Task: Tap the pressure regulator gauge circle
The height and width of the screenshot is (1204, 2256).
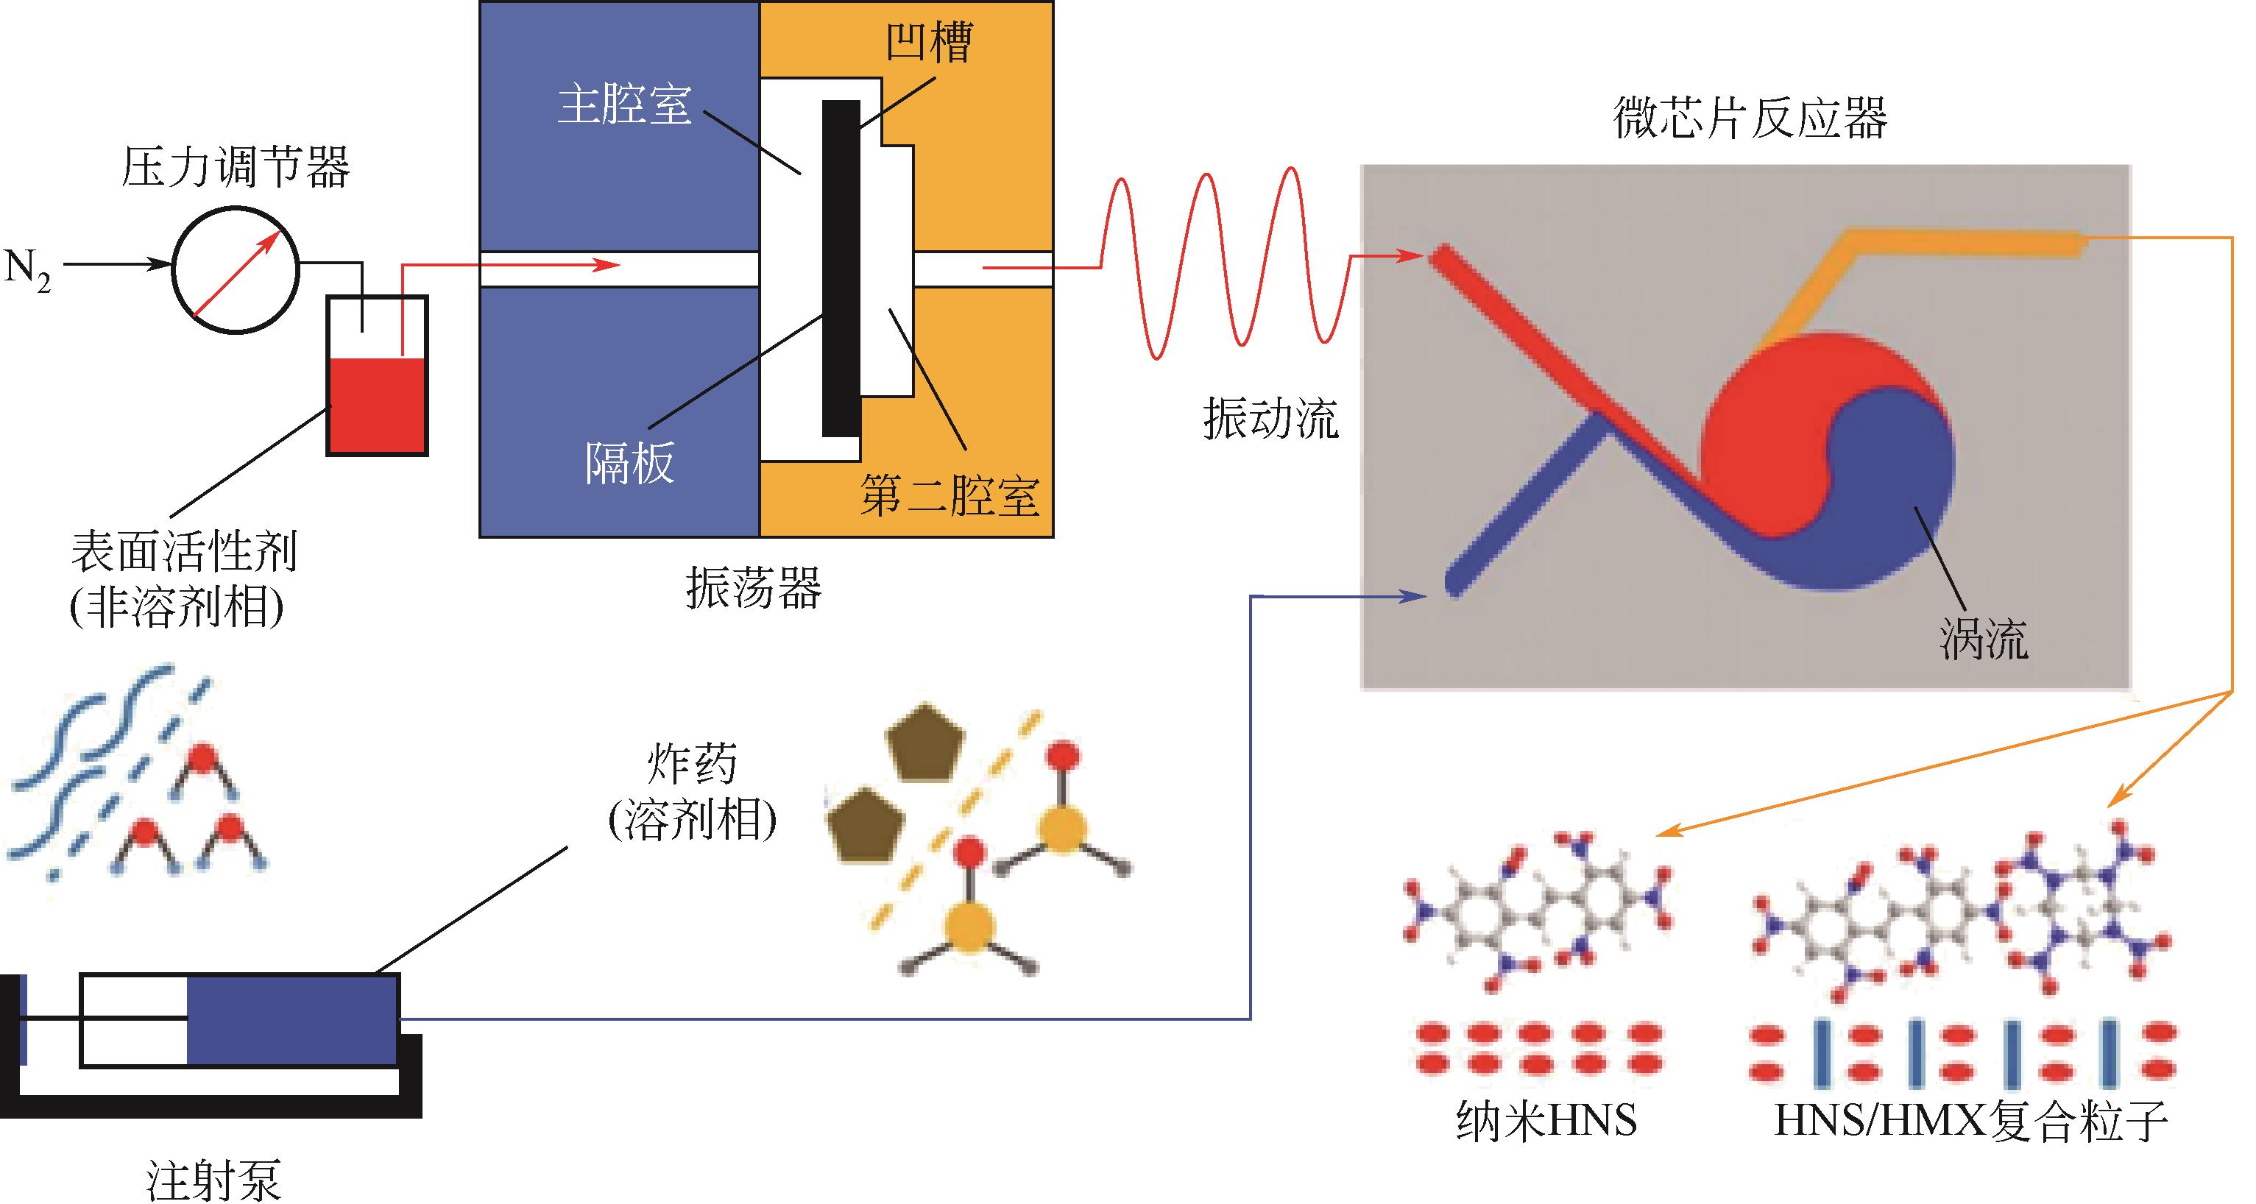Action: coord(235,269)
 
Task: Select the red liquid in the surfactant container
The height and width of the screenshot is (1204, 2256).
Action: coord(377,405)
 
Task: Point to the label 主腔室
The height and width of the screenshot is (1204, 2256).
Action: coord(624,105)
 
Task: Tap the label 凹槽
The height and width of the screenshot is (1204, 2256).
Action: coord(928,41)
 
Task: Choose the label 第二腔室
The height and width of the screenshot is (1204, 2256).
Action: coord(949,495)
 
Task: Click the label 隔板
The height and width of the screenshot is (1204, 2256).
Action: coord(629,462)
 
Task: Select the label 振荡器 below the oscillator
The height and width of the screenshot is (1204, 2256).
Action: coord(753,587)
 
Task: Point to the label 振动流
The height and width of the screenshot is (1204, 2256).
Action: coord(1270,419)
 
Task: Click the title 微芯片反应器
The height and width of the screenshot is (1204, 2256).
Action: coord(1749,118)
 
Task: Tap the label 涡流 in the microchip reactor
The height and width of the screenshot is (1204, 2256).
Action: coord(1984,640)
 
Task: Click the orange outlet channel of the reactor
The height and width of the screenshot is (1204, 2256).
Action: coord(1962,241)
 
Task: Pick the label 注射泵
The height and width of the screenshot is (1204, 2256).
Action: coord(213,1180)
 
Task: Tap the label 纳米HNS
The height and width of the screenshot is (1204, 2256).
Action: coord(1546,1121)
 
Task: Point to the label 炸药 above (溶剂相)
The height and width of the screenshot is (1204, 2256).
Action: coord(692,765)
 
